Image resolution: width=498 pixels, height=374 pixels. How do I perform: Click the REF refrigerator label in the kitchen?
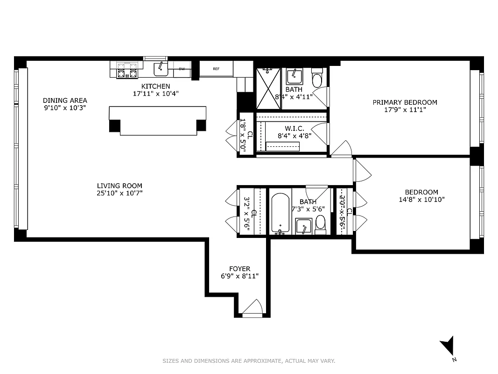click(216, 69)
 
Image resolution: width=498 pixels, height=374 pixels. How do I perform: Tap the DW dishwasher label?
click(182, 69)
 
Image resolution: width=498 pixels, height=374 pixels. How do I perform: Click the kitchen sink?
click(161, 69)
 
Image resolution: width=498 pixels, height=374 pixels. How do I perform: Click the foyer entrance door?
click(252, 309)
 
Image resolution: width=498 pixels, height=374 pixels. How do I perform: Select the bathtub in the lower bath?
click(281, 212)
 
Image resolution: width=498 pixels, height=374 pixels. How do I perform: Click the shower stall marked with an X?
click(268, 89)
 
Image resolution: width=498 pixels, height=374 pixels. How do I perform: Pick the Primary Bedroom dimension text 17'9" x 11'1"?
click(405, 110)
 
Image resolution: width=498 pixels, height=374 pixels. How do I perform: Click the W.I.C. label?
click(295, 128)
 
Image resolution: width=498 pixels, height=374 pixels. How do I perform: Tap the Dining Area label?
click(65, 101)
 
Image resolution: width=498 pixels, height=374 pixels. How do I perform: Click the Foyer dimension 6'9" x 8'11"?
click(239, 276)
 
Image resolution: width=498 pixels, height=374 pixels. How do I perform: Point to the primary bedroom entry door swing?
click(341, 149)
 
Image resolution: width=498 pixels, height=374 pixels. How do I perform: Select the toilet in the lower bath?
click(320, 223)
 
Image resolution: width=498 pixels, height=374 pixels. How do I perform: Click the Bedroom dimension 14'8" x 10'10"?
click(421, 200)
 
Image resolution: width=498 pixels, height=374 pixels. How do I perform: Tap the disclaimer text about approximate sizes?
click(249, 361)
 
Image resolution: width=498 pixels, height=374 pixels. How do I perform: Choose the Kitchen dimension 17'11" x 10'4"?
click(155, 93)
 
